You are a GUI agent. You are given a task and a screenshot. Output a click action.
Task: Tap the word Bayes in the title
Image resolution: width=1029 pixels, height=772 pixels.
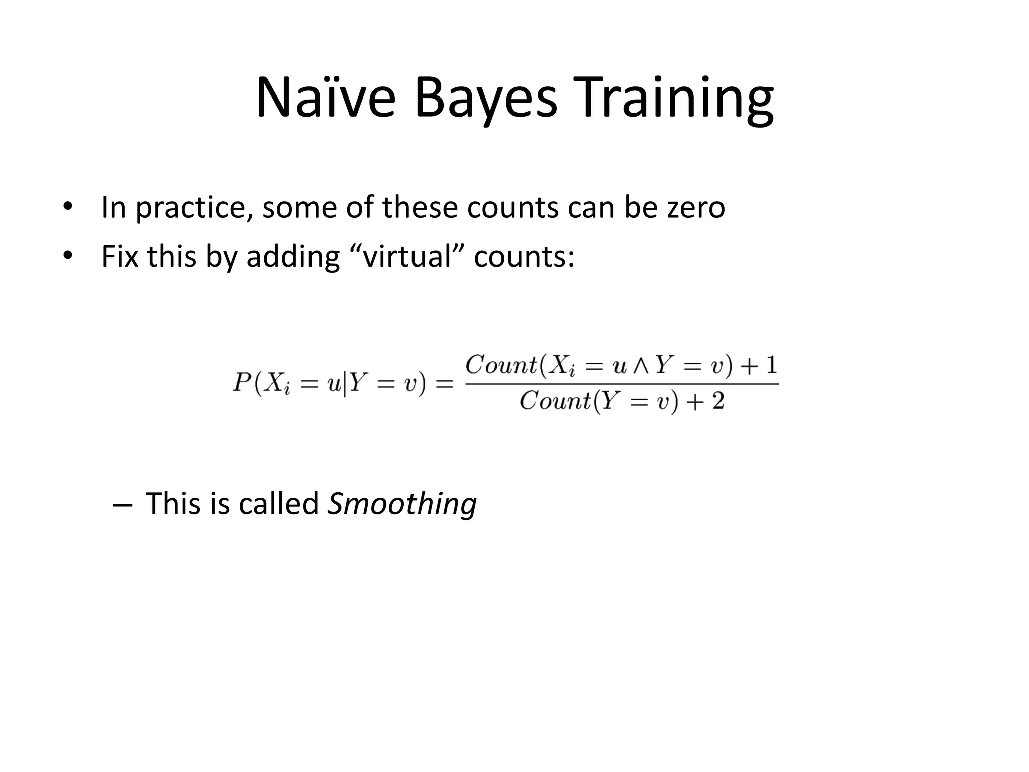pos(485,98)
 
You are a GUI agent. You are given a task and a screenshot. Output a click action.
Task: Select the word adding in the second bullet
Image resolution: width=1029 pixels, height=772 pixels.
pos(293,257)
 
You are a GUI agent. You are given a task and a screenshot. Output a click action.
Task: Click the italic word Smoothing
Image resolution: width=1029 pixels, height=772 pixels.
pos(401,504)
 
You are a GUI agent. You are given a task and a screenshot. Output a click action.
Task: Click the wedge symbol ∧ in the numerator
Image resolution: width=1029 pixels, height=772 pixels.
pos(641,367)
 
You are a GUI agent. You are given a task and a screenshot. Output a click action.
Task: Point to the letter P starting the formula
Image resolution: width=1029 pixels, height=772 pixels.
pos(242,383)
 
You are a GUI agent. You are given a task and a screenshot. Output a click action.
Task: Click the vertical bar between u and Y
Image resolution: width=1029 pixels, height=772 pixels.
pos(345,384)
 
